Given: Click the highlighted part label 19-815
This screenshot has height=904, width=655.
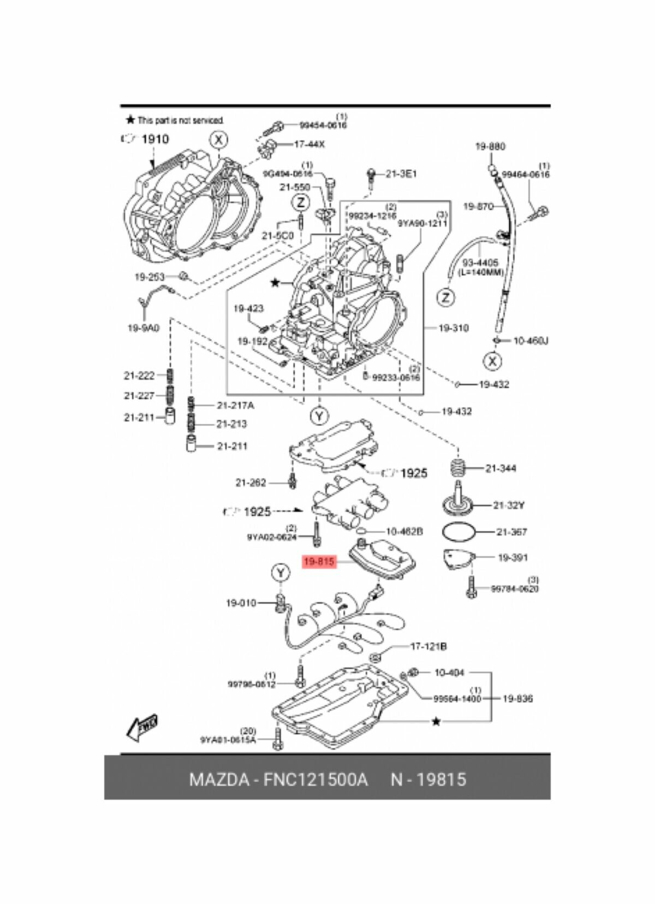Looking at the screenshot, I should [319, 561].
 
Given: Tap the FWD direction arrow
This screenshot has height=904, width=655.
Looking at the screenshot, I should [141, 727].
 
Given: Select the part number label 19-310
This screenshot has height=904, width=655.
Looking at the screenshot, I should [454, 328].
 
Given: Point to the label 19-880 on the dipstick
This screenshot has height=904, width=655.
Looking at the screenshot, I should [490, 146].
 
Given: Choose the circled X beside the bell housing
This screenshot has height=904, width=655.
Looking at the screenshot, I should [218, 140].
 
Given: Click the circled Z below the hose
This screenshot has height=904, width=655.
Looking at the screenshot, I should [446, 298].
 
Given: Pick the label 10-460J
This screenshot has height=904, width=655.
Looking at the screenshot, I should [531, 341].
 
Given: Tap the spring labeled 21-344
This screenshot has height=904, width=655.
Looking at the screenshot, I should [459, 468].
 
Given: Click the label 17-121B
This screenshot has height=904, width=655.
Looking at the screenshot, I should [428, 646].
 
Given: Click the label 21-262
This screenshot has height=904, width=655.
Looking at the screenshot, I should [251, 483].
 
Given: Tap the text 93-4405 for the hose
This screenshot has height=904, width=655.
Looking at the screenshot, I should [481, 263].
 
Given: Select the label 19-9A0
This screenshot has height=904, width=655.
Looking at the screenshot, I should [143, 328].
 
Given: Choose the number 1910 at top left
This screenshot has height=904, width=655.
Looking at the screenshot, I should [155, 139].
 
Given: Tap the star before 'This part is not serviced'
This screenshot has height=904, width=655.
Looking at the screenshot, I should [130, 120].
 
